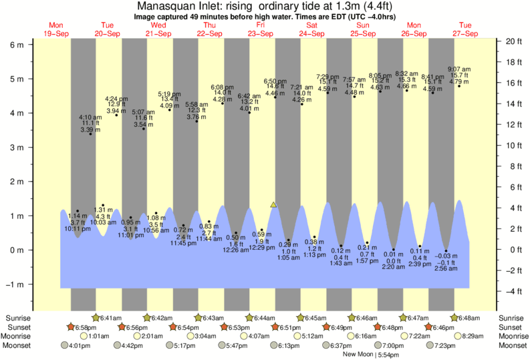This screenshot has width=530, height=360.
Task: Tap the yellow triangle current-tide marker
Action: click(x=273, y=204)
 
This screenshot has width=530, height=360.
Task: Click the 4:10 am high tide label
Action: click(x=90, y=117)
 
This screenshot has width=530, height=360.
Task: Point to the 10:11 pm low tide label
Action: click(x=78, y=229)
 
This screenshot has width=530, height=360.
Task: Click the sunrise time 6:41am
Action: click(x=112, y=317)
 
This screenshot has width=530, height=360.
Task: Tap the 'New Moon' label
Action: click(x=358, y=355)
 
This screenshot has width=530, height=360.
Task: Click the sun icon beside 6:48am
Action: click(x=454, y=317)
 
